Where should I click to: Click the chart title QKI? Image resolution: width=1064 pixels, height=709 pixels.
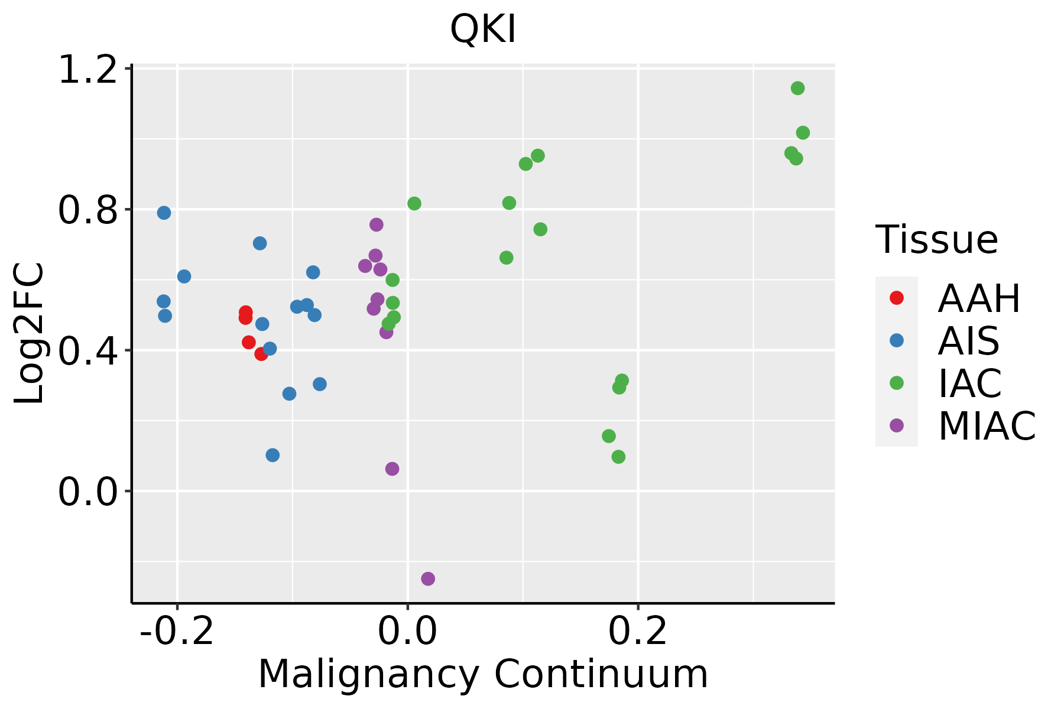pyautogui.click(x=483, y=30)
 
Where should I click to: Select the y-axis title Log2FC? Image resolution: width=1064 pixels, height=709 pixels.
pyautogui.click(x=30, y=333)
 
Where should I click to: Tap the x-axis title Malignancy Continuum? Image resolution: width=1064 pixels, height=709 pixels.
pyautogui.click(x=483, y=674)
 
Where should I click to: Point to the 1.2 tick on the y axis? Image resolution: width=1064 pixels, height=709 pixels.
pyautogui.click(x=88, y=69)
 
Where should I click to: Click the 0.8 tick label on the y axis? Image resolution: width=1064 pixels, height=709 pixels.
pyautogui.click(x=88, y=210)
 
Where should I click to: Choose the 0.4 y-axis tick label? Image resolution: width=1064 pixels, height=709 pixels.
pyautogui.click(x=88, y=351)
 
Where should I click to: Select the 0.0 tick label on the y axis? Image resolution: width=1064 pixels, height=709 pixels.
pyautogui.click(x=88, y=492)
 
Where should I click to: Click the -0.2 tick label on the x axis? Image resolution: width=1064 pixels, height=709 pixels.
pyautogui.click(x=177, y=631)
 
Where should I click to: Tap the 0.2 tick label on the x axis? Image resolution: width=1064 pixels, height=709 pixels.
pyautogui.click(x=638, y=631)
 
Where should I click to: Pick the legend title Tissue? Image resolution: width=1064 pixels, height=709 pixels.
pyautogui.click(x=937, y=240)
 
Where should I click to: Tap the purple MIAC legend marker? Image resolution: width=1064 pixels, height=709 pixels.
pyautogui.click(x=896, y=425)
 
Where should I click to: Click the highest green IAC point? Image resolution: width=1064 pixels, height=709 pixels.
pyautogui.click(x=797, y=88)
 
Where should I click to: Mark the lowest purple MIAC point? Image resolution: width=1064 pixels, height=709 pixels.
pyautogui.click(x=428, y=578)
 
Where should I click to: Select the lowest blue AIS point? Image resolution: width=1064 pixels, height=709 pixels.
pyautogui.click(x=273, y=455)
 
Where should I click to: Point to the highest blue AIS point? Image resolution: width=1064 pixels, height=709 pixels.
pyautogui.click(x=164, y=213)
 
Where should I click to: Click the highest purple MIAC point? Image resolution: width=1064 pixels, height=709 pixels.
pyautogui.click(x=377, y=225)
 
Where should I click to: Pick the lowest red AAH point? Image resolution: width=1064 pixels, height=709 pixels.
pyautogui.click(x=261, y=354)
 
